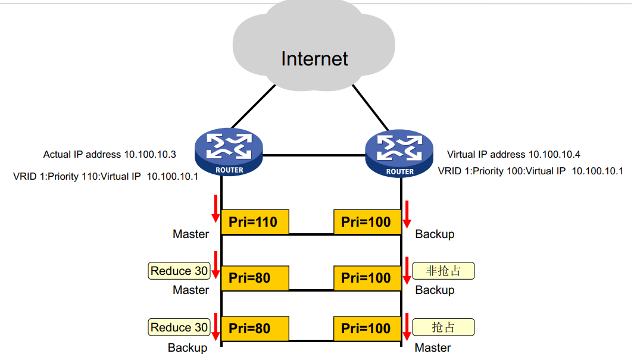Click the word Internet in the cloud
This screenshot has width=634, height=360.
coord(314,58)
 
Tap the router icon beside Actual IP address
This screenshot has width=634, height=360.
coord(228,153)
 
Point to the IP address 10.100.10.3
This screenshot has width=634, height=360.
coord(149,155)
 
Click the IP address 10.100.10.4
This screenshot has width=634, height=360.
coord(554,155)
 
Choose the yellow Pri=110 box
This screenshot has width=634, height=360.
coord(254,222)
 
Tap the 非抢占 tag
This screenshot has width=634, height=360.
coord(444,271)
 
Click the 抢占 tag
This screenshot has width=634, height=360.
coord(444,327)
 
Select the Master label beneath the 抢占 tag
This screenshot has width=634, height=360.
coord(433,348)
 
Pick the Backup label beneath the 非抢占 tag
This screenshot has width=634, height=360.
coord(435,290)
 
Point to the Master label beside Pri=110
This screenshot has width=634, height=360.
coord(190,234)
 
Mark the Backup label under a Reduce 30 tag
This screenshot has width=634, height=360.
coord(188,348)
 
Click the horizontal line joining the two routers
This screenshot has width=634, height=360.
coord(314,155)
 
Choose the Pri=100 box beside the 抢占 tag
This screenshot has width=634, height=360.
coord(366,328)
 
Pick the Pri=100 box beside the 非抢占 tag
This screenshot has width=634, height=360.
coord(366,278)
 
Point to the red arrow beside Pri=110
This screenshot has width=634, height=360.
coord(215,208)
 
